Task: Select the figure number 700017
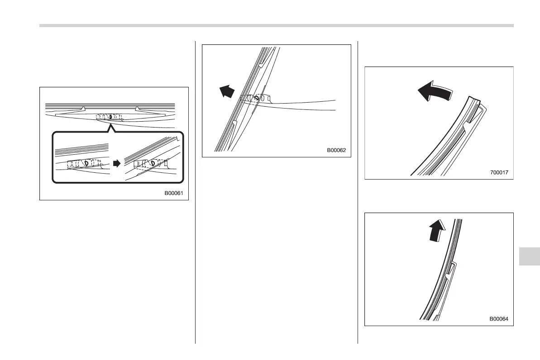500,172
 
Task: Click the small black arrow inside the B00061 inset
117,163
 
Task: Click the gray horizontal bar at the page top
276,25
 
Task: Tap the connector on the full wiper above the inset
109,117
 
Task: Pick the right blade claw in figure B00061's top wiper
136,109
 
